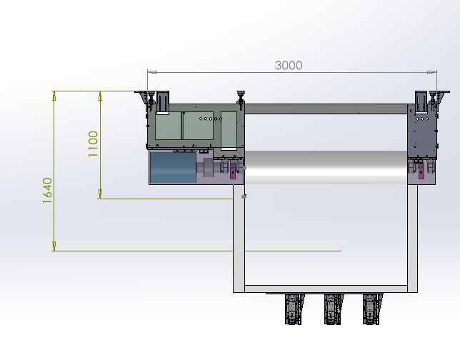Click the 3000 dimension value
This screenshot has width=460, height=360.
[289, 65]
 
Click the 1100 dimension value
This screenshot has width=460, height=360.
[93, 144]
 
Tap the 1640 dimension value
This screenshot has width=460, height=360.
[47, 191]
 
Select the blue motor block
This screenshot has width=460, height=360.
[173, 167]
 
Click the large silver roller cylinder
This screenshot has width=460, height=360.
[326, 168]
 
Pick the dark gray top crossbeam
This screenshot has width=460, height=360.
[326, 109]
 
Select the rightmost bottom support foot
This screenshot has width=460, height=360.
[372, 309]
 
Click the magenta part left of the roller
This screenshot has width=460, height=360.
[233, 171]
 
